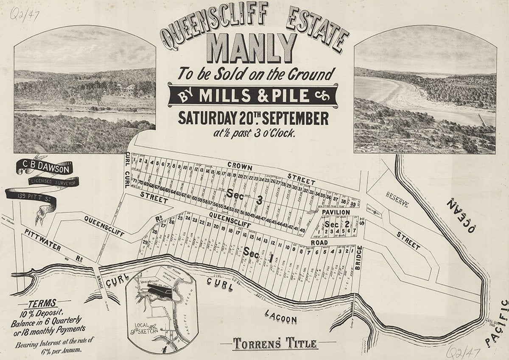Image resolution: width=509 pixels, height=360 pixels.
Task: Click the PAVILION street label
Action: tap(336, 212)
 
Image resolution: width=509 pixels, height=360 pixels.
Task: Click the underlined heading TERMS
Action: tap(42, 304)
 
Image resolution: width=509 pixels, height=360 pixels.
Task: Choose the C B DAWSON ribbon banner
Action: tap(45, 167)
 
